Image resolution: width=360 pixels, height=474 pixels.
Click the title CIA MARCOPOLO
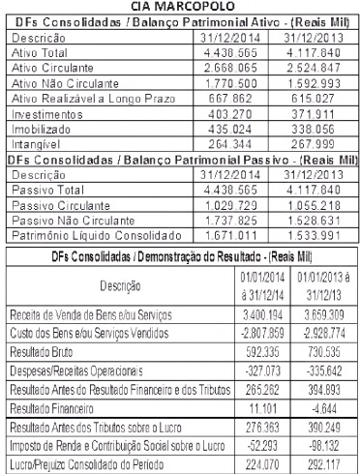click(x=180, y=6)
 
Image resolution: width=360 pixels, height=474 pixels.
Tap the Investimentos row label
click(x=45, y=112)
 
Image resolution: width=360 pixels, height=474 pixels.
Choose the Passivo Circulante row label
click(x=58, y=206)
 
